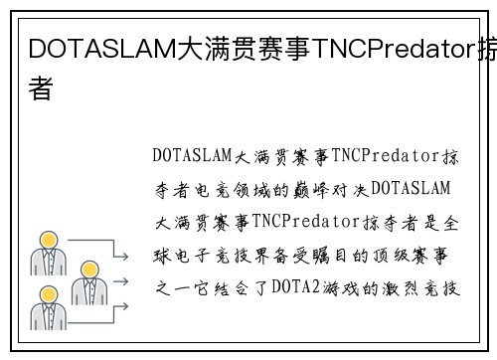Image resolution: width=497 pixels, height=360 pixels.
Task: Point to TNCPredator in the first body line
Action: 382,156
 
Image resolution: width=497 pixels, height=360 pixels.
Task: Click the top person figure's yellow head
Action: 47,242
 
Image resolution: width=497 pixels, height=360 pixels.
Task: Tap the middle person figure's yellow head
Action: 87,270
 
